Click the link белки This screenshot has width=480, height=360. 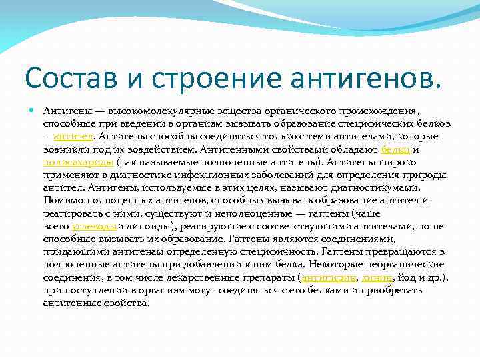coord(391,149)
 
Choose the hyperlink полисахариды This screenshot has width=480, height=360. coord(78,162)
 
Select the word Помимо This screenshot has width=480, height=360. coord(62,201)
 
